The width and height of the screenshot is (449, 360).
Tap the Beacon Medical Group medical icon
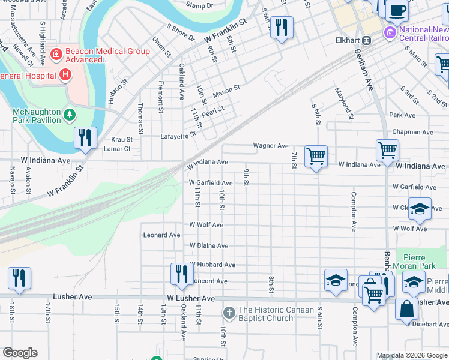click(56, 55)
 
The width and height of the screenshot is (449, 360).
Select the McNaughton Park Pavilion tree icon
click(70, 113)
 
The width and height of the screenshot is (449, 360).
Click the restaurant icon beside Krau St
click(85, 137)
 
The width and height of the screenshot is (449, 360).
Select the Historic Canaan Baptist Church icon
click(228, 313)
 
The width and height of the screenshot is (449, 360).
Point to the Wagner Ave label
click(271, 145)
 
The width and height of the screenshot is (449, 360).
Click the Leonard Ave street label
click(161, 235)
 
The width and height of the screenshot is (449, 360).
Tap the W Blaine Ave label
click(209, 246)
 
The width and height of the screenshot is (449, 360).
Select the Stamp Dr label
click(199, 5)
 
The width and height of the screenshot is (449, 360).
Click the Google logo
click(20, 353)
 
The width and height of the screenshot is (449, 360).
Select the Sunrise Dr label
click(208, 359)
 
